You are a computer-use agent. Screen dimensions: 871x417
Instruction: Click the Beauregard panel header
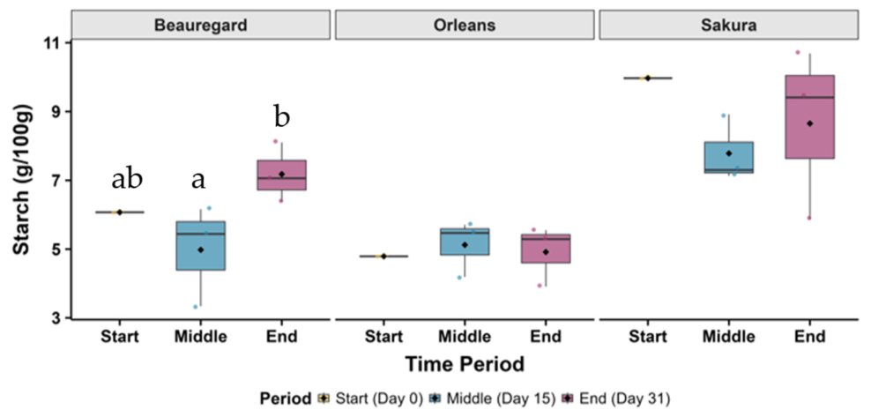[201, 26]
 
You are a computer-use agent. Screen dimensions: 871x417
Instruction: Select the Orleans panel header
[465, 26]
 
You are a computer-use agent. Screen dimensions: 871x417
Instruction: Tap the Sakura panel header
[728, 26]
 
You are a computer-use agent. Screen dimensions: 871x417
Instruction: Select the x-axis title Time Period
[465, 364]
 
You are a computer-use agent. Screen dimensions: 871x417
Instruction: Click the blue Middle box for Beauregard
[201, 245]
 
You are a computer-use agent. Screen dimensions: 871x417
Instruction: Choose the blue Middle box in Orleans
[465, 242]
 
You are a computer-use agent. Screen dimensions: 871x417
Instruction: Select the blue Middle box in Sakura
[729, 158]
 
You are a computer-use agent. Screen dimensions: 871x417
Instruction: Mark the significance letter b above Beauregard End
[281, 118]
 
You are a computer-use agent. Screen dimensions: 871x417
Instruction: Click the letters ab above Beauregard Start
[127, 179]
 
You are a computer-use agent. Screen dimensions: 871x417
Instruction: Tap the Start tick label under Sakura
[648, 337]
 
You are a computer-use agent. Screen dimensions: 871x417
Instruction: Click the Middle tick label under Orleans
[465, 337]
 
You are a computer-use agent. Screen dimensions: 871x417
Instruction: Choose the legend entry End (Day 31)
[620, 398]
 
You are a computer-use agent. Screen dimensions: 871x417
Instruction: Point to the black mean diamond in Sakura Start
[648, 78]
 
